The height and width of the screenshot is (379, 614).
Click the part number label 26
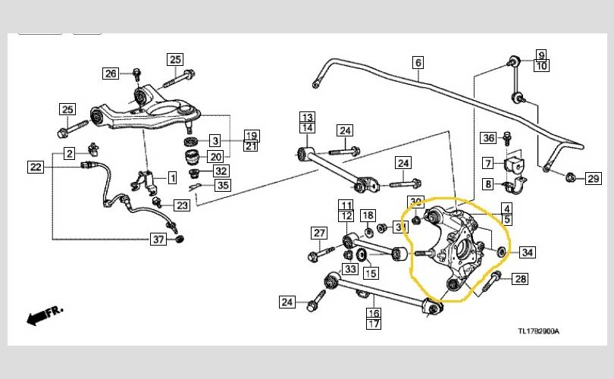(111, 74)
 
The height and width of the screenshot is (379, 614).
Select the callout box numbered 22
(36, 167)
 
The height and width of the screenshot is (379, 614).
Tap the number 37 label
(157, 240)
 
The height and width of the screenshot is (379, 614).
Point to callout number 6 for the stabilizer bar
(418, 64)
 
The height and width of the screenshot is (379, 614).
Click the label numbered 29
(594, 179)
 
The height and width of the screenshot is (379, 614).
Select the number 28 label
(520, 280)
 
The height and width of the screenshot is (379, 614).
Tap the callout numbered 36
(489, 138)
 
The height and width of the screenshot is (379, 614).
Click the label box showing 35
(222, 185)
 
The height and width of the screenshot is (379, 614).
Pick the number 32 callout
(221, 171)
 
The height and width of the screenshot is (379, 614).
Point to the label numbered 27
(319, 233)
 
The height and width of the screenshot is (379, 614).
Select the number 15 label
(371, 273)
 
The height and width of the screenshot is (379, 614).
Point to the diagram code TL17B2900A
(545, 331)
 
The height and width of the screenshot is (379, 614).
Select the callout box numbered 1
(172, 179)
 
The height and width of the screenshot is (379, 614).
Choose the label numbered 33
(349, 268)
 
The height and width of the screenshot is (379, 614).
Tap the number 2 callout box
(69, 154)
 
